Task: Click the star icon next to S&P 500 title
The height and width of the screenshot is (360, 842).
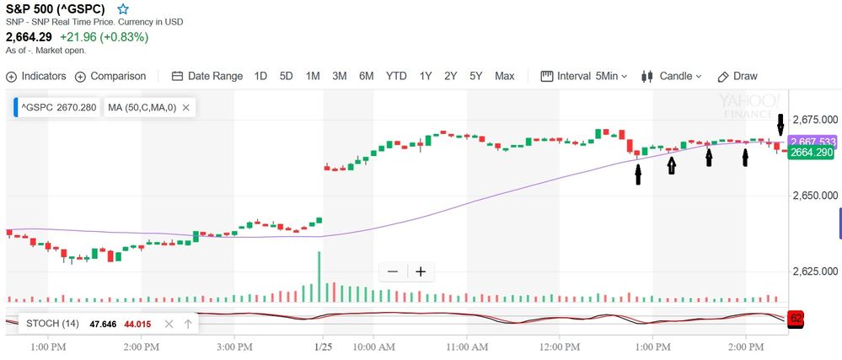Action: pos(123,8)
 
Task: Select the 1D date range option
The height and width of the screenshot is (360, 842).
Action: pos(260,76)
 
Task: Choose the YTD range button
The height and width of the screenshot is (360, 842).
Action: pos(396,76)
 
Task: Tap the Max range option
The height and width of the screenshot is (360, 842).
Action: pos(504,76)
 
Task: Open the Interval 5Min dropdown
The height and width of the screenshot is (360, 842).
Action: pos(583,76)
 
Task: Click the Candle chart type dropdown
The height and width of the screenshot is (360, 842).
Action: pos(671,76)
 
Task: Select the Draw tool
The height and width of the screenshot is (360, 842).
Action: pos(737,76)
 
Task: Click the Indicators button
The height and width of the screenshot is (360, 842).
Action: pos(36,76)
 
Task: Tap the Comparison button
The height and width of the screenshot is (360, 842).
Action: pos(110,76)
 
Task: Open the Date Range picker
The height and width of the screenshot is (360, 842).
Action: pos(207,76)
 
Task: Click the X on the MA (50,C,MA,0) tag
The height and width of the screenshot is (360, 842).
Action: pos(185,108)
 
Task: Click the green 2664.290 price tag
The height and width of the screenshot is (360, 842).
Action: pos(812,153)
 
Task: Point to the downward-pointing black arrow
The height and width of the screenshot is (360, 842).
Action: pos(780,125)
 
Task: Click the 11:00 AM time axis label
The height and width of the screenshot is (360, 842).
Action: pos(467,347)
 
